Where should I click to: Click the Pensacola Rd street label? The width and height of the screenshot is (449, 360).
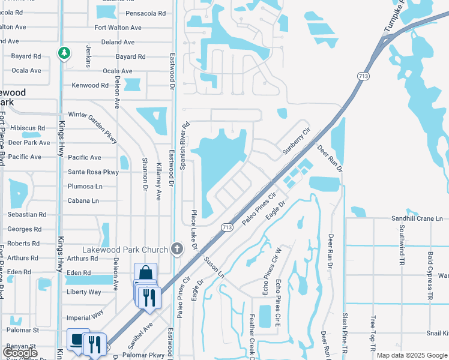[149, 13]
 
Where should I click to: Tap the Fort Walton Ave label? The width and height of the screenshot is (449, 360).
[118, 28]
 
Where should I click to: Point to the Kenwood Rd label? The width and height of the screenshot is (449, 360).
[90, 85]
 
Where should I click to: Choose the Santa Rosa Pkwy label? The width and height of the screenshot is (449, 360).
[94, 172]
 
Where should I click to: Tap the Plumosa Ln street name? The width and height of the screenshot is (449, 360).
[85, 186]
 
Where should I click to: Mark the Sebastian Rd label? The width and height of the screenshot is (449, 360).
[26, 214]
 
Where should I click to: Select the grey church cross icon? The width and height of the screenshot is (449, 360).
[177, 248]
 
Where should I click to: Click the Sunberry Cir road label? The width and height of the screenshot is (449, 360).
[296, 140]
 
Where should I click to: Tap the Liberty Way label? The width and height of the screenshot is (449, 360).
[84, 292]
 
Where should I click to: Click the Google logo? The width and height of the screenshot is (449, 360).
[21, 352]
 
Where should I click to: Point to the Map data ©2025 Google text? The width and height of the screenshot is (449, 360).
[412, 355]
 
